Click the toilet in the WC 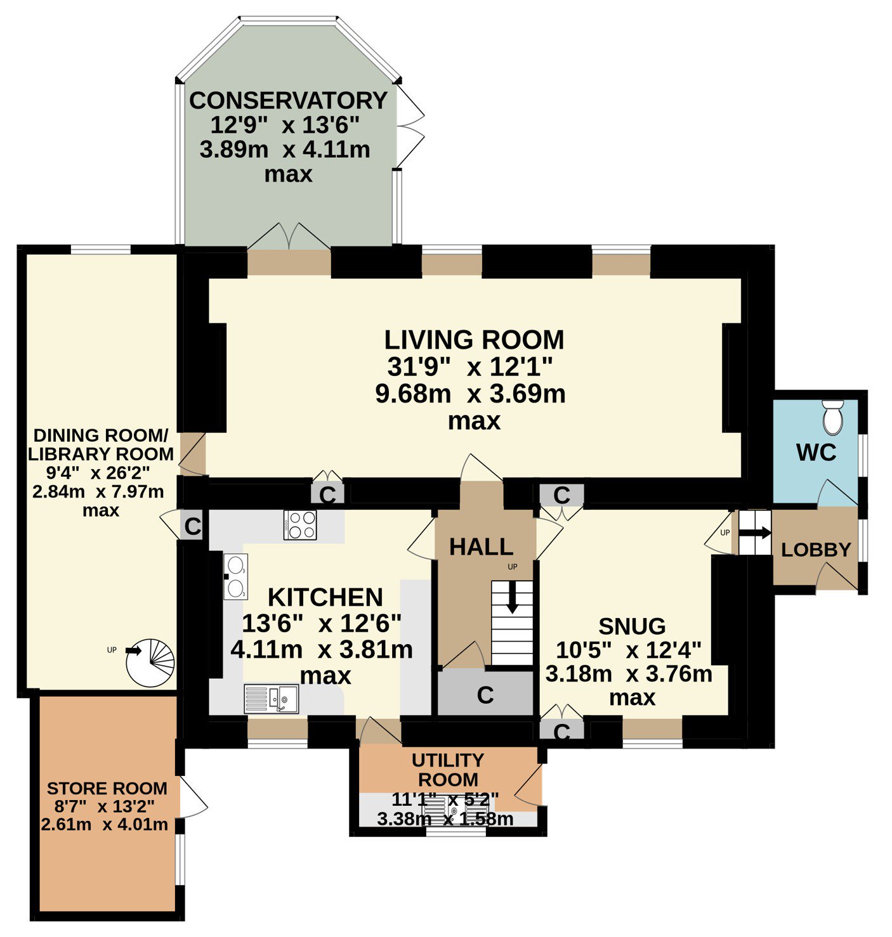[834, 418]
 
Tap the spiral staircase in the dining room [150, 663]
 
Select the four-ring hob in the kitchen [300, 525]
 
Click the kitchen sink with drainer [272, 699]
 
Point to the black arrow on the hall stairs [513, 597]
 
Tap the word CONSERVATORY [288, 101]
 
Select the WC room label [816, 452]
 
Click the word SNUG [632, 626]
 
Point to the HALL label [482, 546]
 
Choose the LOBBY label [816, 550]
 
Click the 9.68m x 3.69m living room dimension [470, 394]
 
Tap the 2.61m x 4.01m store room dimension [105, 824]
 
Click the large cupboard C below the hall [485, 695]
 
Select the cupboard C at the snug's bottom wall [562, 731]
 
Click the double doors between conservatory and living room [289, 236]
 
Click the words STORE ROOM [107, 788]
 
